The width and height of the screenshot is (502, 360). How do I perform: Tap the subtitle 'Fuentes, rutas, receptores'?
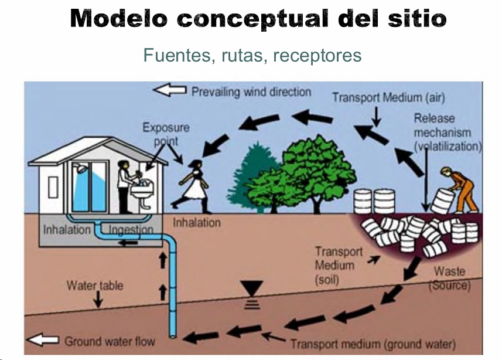252,56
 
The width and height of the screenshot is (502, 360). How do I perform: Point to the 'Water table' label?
94,286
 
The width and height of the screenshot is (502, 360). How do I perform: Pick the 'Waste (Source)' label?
450,279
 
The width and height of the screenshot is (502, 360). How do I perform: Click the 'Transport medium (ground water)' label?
373,344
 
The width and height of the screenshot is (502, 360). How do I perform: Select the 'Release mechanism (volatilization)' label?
446,133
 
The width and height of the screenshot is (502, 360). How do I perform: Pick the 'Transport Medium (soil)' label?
339,266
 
